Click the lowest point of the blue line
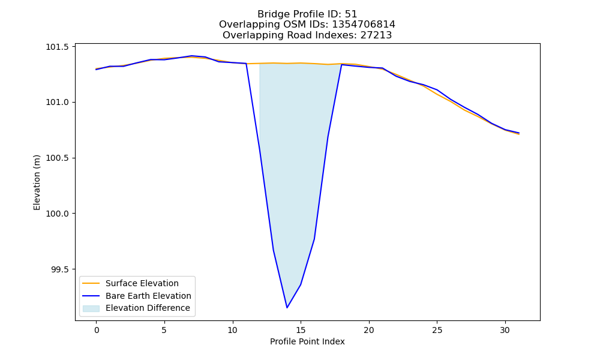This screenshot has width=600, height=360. point(287,308)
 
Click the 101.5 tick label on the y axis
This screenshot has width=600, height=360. point(58,47)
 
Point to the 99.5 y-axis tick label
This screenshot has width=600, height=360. point(59,269)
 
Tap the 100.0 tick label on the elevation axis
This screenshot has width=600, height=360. point(58,214)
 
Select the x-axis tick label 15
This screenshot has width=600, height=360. point(301,330)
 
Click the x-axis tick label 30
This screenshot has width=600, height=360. point(505,330)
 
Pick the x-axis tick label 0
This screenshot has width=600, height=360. point(97,330)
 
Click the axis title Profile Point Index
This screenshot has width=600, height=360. point(307,341)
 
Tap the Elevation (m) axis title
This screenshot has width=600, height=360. point(37,182)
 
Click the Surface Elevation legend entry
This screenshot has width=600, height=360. point(142,283)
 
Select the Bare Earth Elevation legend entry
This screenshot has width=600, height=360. point(148,296)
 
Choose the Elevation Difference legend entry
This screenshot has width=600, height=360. point(148,308)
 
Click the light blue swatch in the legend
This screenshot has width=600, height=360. point(91,308)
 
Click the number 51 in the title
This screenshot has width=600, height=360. point(351,14)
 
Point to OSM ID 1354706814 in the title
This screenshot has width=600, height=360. point(364,25)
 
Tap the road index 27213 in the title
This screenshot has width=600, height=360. point(376,35)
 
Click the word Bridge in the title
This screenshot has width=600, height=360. point(271,14)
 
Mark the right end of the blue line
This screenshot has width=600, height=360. point(519,133)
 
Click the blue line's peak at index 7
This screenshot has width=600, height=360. point(192,56)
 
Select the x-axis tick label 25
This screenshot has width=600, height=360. point(437,330)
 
